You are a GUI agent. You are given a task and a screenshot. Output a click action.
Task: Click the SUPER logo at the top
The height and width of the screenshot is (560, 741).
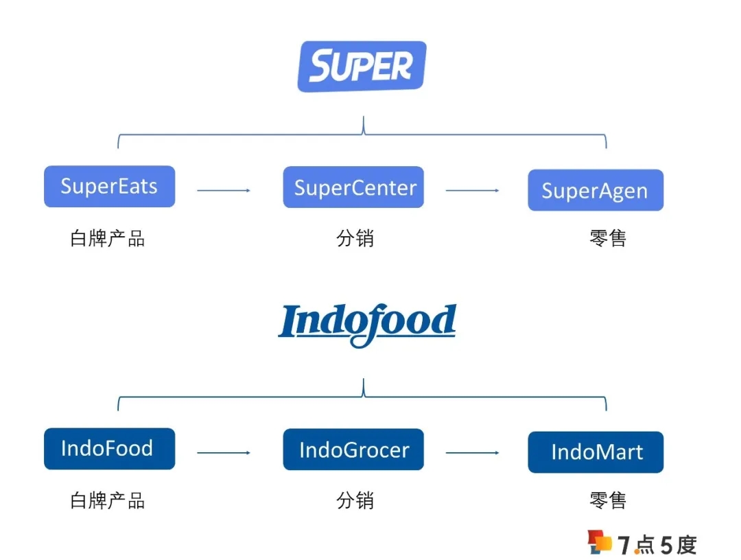click(x=362, y=67)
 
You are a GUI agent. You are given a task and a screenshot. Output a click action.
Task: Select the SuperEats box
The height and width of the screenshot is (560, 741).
click(x=109, y=187)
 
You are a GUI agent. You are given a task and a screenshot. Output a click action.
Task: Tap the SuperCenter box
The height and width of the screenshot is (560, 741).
click(x=353, y=187)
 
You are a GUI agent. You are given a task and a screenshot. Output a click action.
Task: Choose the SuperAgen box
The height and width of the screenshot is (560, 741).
click(x=595, y=190)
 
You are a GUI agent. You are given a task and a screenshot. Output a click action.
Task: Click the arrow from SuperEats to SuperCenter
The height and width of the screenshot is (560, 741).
click(x=224, y=190)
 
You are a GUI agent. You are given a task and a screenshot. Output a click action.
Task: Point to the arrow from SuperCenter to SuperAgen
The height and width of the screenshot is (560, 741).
click(x=472, y=190)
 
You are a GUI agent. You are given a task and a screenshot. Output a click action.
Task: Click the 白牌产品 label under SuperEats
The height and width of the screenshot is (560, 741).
click(x=108, y=238)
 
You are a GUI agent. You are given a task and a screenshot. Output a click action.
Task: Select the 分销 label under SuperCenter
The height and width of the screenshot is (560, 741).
click(x=355, y=238)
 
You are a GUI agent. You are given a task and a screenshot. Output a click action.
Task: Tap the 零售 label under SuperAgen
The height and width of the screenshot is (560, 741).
click(x=608, y=238)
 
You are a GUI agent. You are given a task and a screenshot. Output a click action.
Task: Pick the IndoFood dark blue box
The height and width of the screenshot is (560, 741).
click(x=109, y=449)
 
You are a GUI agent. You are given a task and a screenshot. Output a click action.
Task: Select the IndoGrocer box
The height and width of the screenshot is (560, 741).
click(x=353, y=450)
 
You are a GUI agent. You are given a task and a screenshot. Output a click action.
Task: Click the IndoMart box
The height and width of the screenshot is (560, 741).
click(x=595, y=452)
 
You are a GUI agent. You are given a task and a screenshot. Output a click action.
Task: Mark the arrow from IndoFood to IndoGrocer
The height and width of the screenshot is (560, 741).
click(x=224, y=453)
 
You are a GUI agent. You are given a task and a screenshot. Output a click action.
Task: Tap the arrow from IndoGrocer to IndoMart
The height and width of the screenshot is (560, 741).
click(x=472, y=453)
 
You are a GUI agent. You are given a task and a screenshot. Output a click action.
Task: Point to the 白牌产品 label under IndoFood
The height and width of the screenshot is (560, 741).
click(x=108, y=500)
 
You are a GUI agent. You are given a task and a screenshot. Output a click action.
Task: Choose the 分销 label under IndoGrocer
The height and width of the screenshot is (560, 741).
click(x=355, y=500)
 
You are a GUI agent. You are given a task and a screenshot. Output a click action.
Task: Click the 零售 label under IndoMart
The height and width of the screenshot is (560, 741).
click(x=608, y=500)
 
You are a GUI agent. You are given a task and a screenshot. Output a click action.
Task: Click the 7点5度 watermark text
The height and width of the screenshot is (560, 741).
click(x=657, y=545)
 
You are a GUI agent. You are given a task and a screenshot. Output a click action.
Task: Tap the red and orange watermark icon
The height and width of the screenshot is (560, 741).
click(x=599, y=542)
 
